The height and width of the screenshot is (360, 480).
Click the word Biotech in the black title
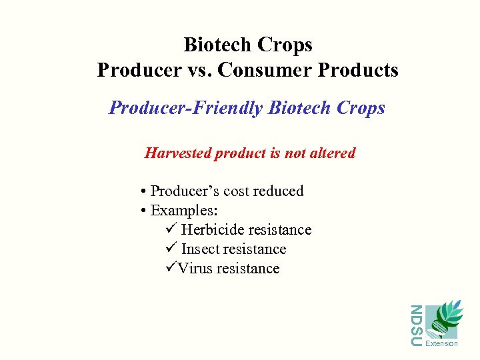[216, 45]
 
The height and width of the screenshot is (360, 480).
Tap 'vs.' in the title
[193, 70]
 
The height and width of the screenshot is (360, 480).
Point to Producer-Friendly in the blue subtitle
[186, 108]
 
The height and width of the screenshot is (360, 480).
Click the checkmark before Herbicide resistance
[169, 230]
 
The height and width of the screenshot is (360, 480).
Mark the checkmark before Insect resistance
[169, 249]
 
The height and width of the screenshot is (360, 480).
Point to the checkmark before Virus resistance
[169, 269]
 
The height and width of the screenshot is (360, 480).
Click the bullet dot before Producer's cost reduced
[144, 192]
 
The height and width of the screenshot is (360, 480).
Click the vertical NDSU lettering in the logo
[416, 325]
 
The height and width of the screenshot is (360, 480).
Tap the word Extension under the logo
[441, 344]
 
